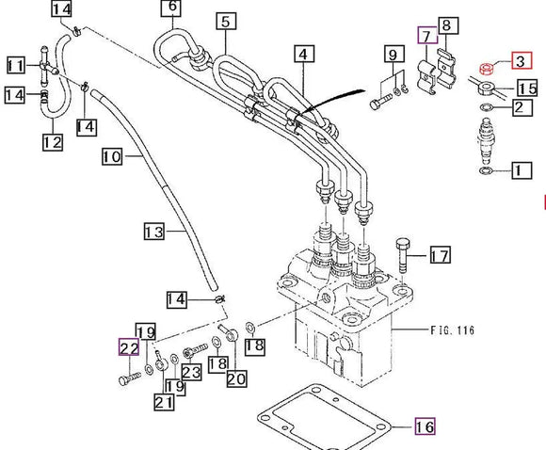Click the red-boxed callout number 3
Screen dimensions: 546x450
coord(522,60)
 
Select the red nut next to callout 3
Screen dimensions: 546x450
coord(486,69)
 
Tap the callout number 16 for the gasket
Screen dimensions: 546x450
coord(425,426)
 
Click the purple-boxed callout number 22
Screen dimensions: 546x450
coord(129,346)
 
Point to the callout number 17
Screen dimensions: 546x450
coord(441,255)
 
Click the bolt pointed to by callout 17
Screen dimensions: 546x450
coord(403,255)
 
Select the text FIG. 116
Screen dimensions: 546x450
coord(452,329)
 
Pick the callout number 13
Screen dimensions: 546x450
coord(154,232)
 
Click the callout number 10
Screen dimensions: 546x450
coord(112,156)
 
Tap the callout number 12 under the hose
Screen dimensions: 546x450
coord(53,142)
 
